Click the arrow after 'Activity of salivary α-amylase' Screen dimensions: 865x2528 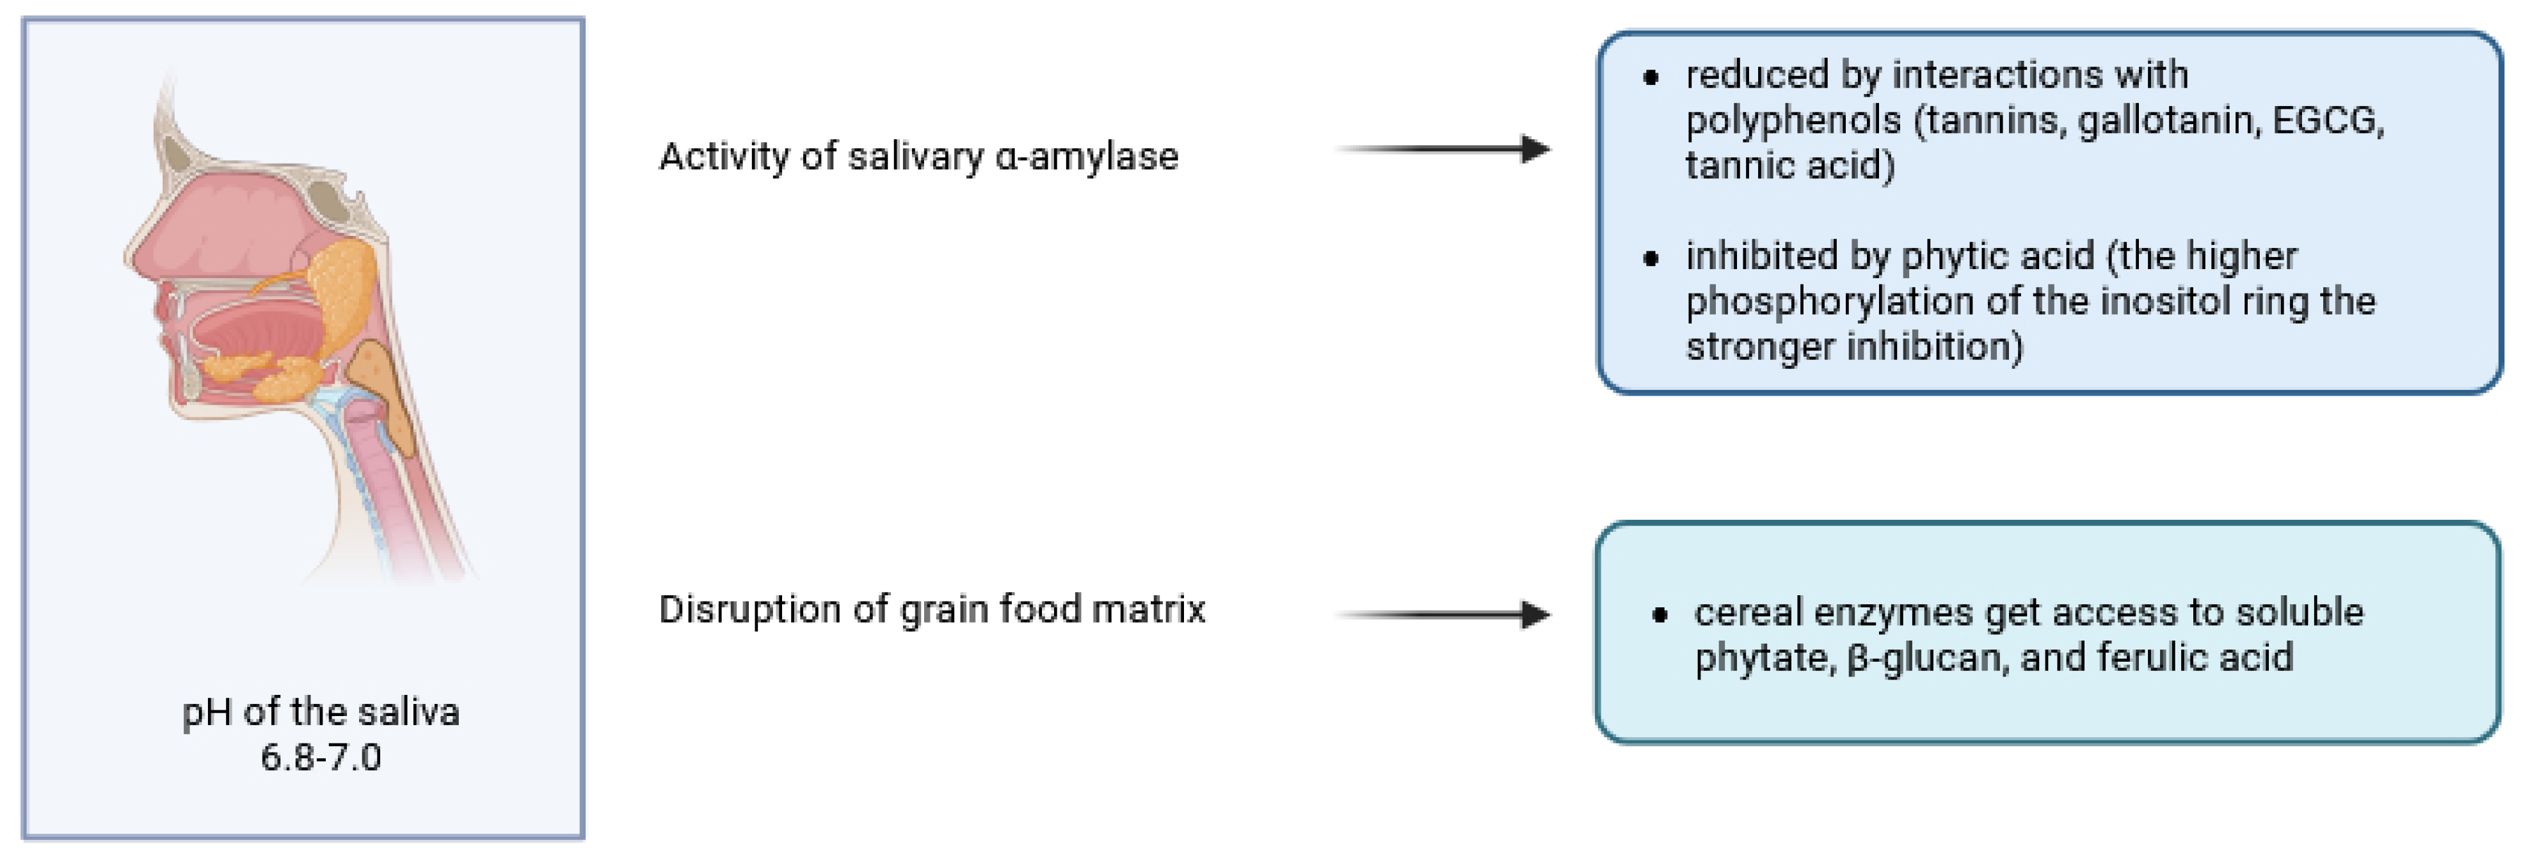pos(1443,149)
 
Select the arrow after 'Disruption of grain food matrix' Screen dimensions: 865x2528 pos(1443,615)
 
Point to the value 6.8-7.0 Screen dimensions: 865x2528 pos(321,757)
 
